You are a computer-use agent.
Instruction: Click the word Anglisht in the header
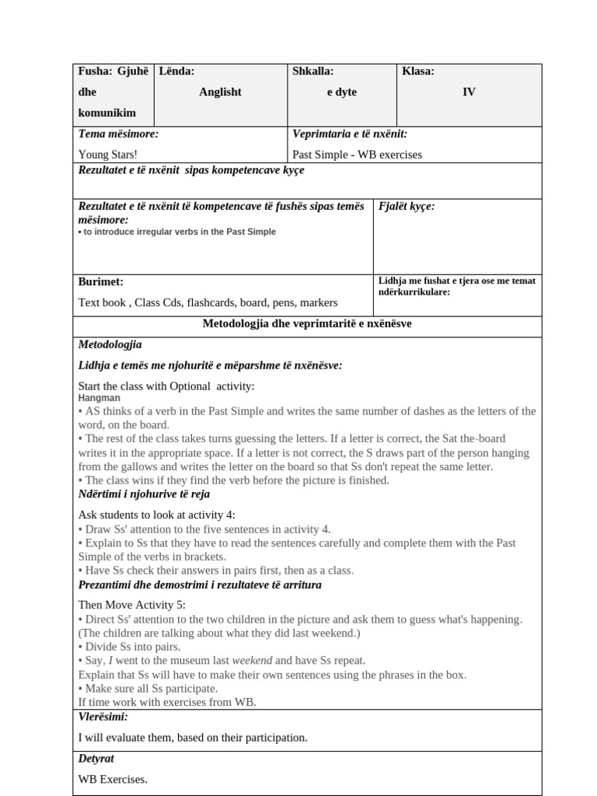(220, 92)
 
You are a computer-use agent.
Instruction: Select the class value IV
(469, 92)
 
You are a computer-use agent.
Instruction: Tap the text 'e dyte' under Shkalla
(341, 92)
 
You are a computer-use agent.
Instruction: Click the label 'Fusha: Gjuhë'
(113, 72)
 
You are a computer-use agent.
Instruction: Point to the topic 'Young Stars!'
(108, 154)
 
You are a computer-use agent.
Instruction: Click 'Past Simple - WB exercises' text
(357, 154)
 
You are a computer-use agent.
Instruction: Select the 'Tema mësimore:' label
(118, 134)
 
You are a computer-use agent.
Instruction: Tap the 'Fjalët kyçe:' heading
(406, 206)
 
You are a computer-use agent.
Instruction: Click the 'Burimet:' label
(101, 281)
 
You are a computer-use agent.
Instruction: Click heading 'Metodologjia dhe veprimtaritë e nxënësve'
(307, 323)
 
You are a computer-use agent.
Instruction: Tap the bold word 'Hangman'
(99, 398)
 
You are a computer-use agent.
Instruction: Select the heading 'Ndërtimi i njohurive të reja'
(144, 494)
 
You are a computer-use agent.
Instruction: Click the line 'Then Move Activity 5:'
(132, 605)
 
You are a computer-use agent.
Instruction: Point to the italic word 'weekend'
(252, 661)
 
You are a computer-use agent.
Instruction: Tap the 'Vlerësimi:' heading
(103, 717)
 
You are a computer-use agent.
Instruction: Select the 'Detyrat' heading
(96, 758)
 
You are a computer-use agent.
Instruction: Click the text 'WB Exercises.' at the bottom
(113, 778)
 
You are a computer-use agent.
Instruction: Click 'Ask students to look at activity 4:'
(156, 515)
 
